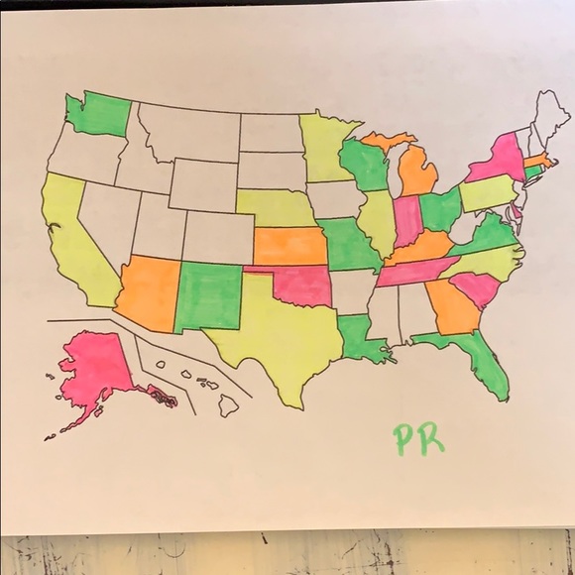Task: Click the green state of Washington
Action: pos(98,115)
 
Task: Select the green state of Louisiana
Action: pos(359,337)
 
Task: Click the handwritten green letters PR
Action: pos(417,438)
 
